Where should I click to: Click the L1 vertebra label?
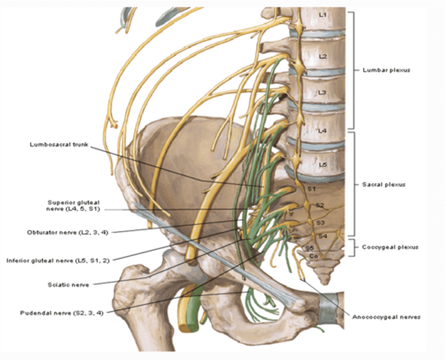pyautogui.click(x=323, y=15)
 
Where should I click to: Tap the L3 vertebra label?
pyautogui.click(x=322, y=92)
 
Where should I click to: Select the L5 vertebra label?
pyautogui.click(x=322, y=165)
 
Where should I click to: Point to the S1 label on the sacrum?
pyautogui.click(x=311, y=189)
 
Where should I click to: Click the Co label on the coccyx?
pyautogui.click(x=313, y=256)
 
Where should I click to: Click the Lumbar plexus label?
pyautogui.click(x=386, y=70)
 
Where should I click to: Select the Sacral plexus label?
pyautogui.click(x=384, y=185)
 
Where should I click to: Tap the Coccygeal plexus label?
pyautogui.click(x=390, y=247)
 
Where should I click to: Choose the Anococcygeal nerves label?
pyautogui.click(x=386, y=317)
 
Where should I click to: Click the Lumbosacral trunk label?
pyautogui.click(x=59, y=144)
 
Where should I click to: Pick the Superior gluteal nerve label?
pyautogui.click(x=73, y=206)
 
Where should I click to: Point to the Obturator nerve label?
pyautogui.click(x=67, y=232)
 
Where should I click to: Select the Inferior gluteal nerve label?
pyautogui.click(x=58, y=261)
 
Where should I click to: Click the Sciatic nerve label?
pyautogui.click(x=68, y=285)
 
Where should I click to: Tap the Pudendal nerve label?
pyautogui.click(x=61, y=313)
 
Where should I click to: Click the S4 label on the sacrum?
pyautogui.click(x=322, y=236)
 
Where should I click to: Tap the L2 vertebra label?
pyautogui.click(x=323, y=57)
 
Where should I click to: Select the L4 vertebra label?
pyautogui.click(x=322, y=131)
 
